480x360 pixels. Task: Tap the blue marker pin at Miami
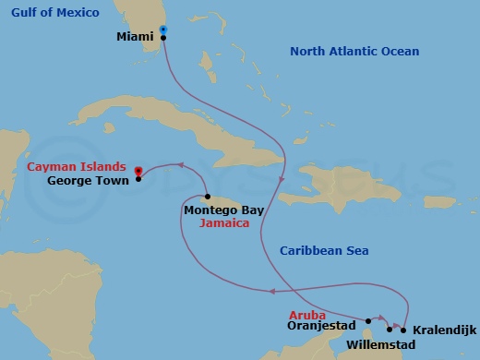(x=163, y=30)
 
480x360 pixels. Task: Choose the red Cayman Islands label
(x=77, y=167)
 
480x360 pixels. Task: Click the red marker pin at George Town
(x=138, y=171)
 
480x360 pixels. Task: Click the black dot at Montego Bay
(x=209, y=196)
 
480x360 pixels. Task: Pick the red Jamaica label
(x=226, y=223)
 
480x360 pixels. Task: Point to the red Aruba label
(x=308, y=315)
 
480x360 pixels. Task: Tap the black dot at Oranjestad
(x=367, y=321)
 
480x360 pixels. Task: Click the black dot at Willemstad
(x=390, y=329)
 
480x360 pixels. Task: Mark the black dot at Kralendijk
(x=404, y=330)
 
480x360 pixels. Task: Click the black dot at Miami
(x=163, y=38)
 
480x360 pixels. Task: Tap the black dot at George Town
(x=138, y=179)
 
